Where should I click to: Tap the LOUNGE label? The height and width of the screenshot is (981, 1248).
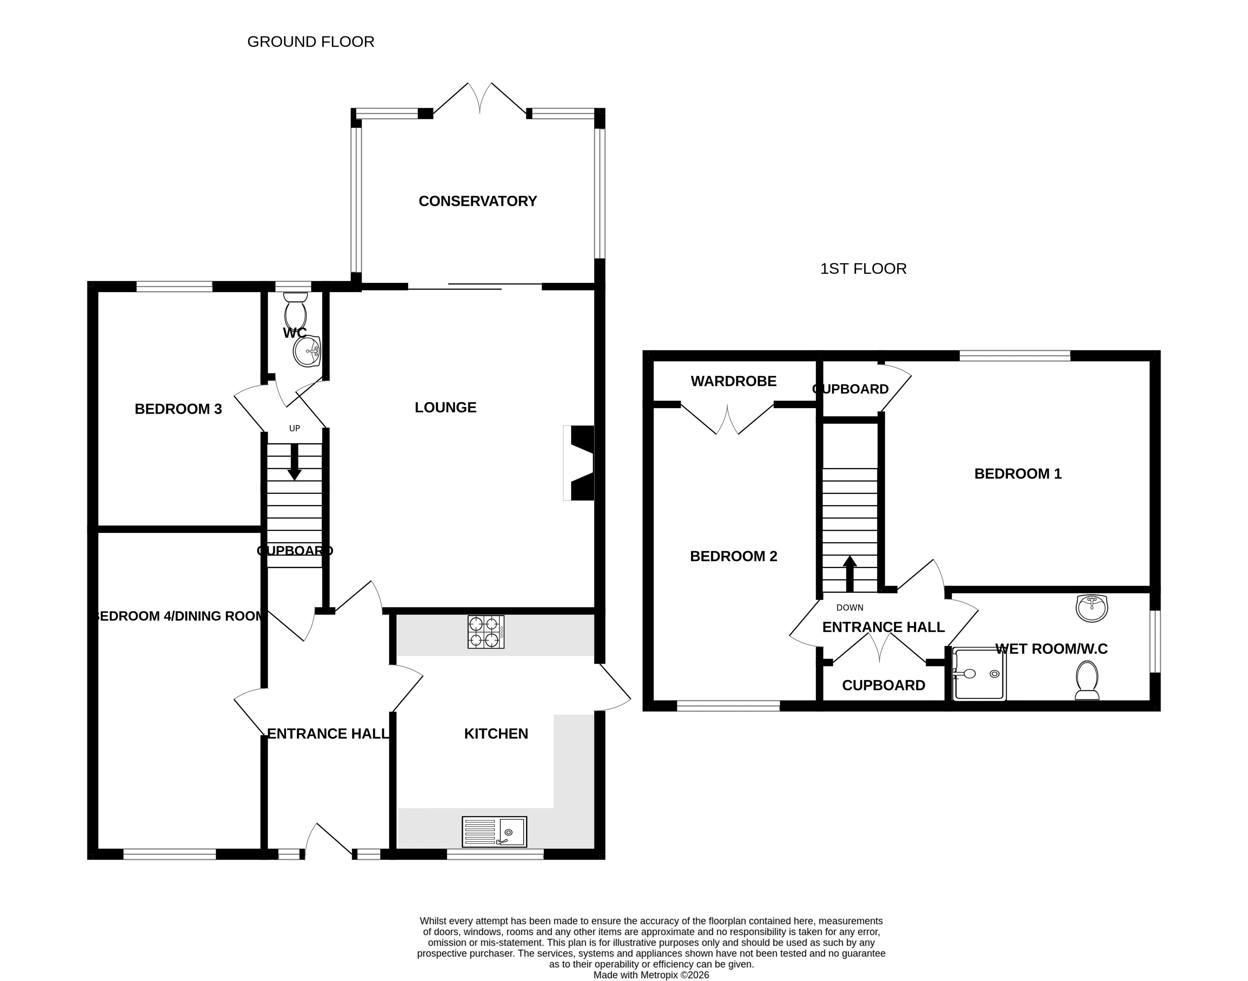click(446, 407)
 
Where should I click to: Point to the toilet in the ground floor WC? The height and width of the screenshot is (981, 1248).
click(296, 310)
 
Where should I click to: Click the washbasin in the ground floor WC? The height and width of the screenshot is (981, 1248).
click(307, 351)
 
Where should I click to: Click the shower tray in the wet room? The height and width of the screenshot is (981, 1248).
click(979, 674)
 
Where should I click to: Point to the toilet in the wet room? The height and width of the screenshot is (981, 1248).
click(1087, 681)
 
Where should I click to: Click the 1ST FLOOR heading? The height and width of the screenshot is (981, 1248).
click(863, 269)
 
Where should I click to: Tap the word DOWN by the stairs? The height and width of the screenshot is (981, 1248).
click(850, 608)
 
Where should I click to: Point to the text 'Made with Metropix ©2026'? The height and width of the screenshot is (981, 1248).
click(651, 975)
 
